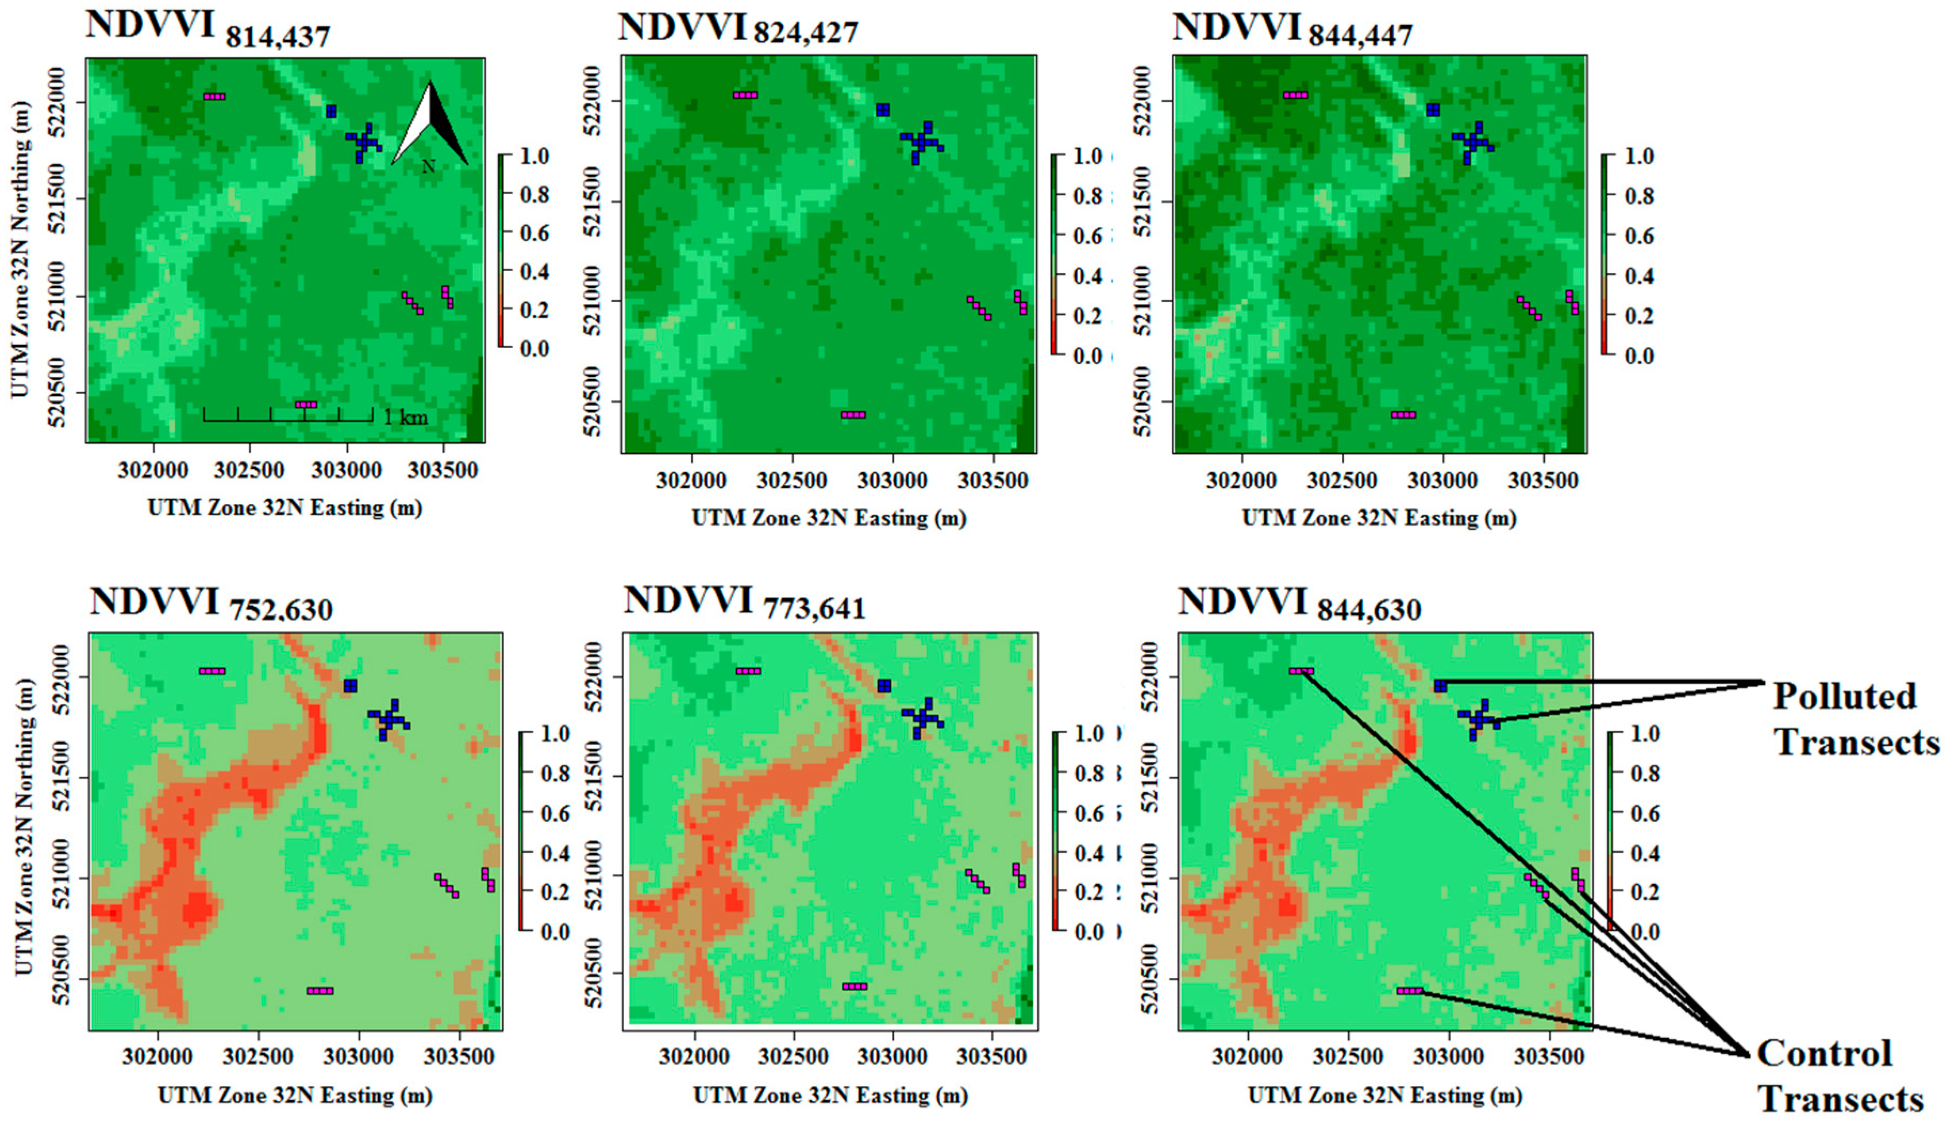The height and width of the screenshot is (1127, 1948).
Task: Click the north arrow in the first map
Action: click(x=430, y=125)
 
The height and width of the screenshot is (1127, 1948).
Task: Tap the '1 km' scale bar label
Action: click(x=405, y=418)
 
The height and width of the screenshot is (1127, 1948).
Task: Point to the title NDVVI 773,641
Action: click(x=744, y=604)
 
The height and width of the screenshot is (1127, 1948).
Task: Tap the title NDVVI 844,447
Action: click(x=1292, y=29)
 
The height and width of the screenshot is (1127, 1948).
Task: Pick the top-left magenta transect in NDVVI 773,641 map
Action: click(x=747, y=670)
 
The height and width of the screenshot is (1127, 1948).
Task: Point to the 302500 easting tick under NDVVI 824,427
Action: click(x=792, y=480)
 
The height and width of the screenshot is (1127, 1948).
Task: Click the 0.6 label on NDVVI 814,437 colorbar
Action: click(x=534, y=233)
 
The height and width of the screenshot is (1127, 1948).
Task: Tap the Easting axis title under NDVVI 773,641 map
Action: click(x=830, y=1095)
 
